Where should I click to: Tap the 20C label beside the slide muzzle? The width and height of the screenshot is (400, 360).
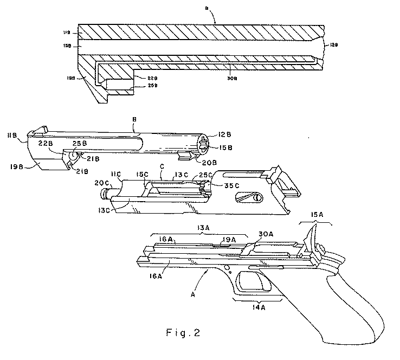click(101, 183)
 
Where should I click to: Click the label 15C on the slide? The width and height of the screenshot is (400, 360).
click(143, 175)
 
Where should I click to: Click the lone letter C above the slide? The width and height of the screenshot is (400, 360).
click(162, 168)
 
